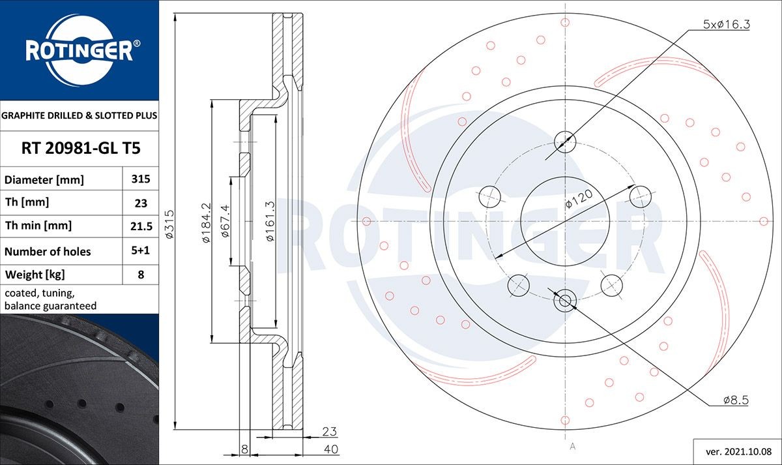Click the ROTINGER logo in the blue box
[x=80, y=50]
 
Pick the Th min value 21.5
[x=141, y=226]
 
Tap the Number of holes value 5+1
[x=141, y=251]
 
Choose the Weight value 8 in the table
[x=141, y=275]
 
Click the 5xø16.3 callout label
[x=727, y=25]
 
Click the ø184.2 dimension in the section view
[x=206, y=222]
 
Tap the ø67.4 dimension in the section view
[x=225, y=222]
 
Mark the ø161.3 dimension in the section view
[x=269, y=222]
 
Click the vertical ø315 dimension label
[x=169, y=223]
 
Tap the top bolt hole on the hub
[x=565, y=141]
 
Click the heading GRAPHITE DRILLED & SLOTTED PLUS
[x=80, y=115]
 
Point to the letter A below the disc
[x=572, y=447]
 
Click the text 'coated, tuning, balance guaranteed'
[x=51, y=299]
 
